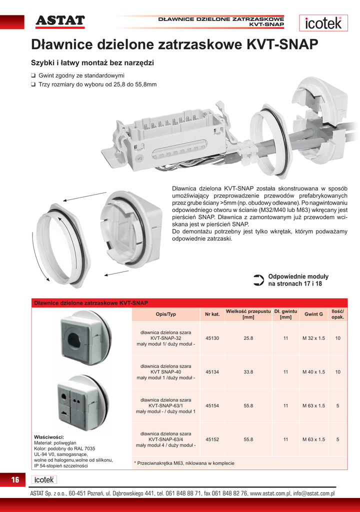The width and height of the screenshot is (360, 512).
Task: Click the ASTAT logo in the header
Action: click(x=60, y=20)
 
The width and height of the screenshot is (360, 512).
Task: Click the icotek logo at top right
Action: click(x=324, y=23)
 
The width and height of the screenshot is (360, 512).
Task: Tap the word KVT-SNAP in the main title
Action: click(x=282, y=44)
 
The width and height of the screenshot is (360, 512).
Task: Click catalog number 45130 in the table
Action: click(x=212, y=338)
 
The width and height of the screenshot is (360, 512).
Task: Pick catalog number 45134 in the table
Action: click(x=212, y=372)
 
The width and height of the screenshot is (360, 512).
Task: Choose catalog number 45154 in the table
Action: click(x=212, y=405)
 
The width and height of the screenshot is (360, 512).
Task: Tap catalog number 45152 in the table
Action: click(x=212, y=439)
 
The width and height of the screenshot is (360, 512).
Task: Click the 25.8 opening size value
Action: click(x=248, y=338)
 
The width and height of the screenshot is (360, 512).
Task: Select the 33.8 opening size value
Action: click(x=248, y=372)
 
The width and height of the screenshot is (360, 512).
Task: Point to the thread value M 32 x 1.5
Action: click(x=313, y=338)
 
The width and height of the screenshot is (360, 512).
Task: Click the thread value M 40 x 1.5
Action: click(x=313, y=372)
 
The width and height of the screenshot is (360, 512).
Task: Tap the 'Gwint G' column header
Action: click(x=313, y=314)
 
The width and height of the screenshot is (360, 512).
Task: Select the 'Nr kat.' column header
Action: click(x=212, y=314)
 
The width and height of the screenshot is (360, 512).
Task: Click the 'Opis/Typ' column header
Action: click(x=166, y=314)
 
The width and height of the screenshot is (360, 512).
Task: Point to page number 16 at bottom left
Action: click(x=15, y=480)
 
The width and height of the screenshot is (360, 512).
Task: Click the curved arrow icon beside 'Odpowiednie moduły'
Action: click(x=258, y=280)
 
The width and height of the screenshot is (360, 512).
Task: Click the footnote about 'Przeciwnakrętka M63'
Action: click(x=184, y=463)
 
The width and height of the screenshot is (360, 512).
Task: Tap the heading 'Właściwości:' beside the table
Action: click(x=48, y=437)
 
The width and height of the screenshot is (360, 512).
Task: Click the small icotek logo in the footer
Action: click(x=44, y=479)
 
